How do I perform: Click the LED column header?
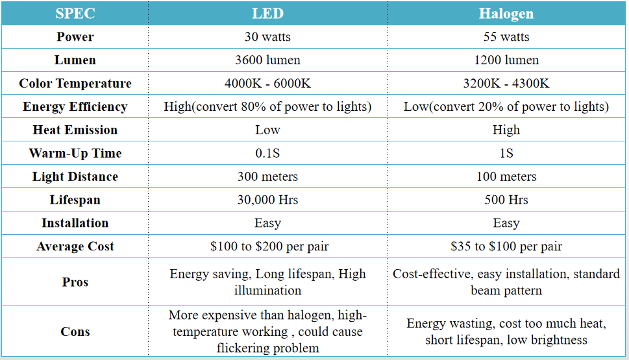(267, 14)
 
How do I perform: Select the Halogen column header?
(506, 14)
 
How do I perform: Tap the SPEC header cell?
(75, 14)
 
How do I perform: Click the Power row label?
(75, 37)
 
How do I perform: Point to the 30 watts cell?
(267, 37)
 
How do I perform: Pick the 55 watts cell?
(506, 37)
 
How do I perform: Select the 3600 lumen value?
(267, 60)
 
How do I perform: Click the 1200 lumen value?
(506, 60)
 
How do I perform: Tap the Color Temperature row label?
(75, 84)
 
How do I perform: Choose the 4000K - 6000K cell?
(267, 84)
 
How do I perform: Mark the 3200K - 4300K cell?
(506, 84)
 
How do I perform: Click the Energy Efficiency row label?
(75, 107)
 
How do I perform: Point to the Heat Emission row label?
(75, 130)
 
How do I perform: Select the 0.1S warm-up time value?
(267, 153)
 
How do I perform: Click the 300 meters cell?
(267, 176)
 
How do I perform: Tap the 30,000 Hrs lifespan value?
(267, 200)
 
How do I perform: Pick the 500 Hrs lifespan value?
(506, 200)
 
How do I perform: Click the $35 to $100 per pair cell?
(506, 246)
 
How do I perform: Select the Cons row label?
(75, 331)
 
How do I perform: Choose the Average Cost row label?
(75, 246)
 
